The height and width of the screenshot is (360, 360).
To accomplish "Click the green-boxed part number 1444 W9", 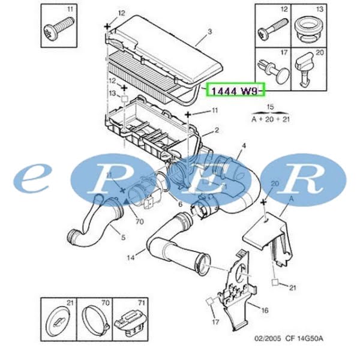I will point(235,91).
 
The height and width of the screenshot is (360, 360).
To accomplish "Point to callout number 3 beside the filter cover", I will point(209,31).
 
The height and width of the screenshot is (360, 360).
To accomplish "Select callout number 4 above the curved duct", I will point(244,146).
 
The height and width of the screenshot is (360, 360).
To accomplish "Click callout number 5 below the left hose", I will point(123,238).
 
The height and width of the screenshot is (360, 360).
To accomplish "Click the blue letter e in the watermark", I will point(36,177).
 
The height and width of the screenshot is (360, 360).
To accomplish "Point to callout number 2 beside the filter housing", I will point(217,130).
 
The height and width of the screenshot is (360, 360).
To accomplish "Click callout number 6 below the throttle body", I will point(179,205).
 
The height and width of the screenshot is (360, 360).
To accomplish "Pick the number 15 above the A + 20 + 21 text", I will point(270,106).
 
